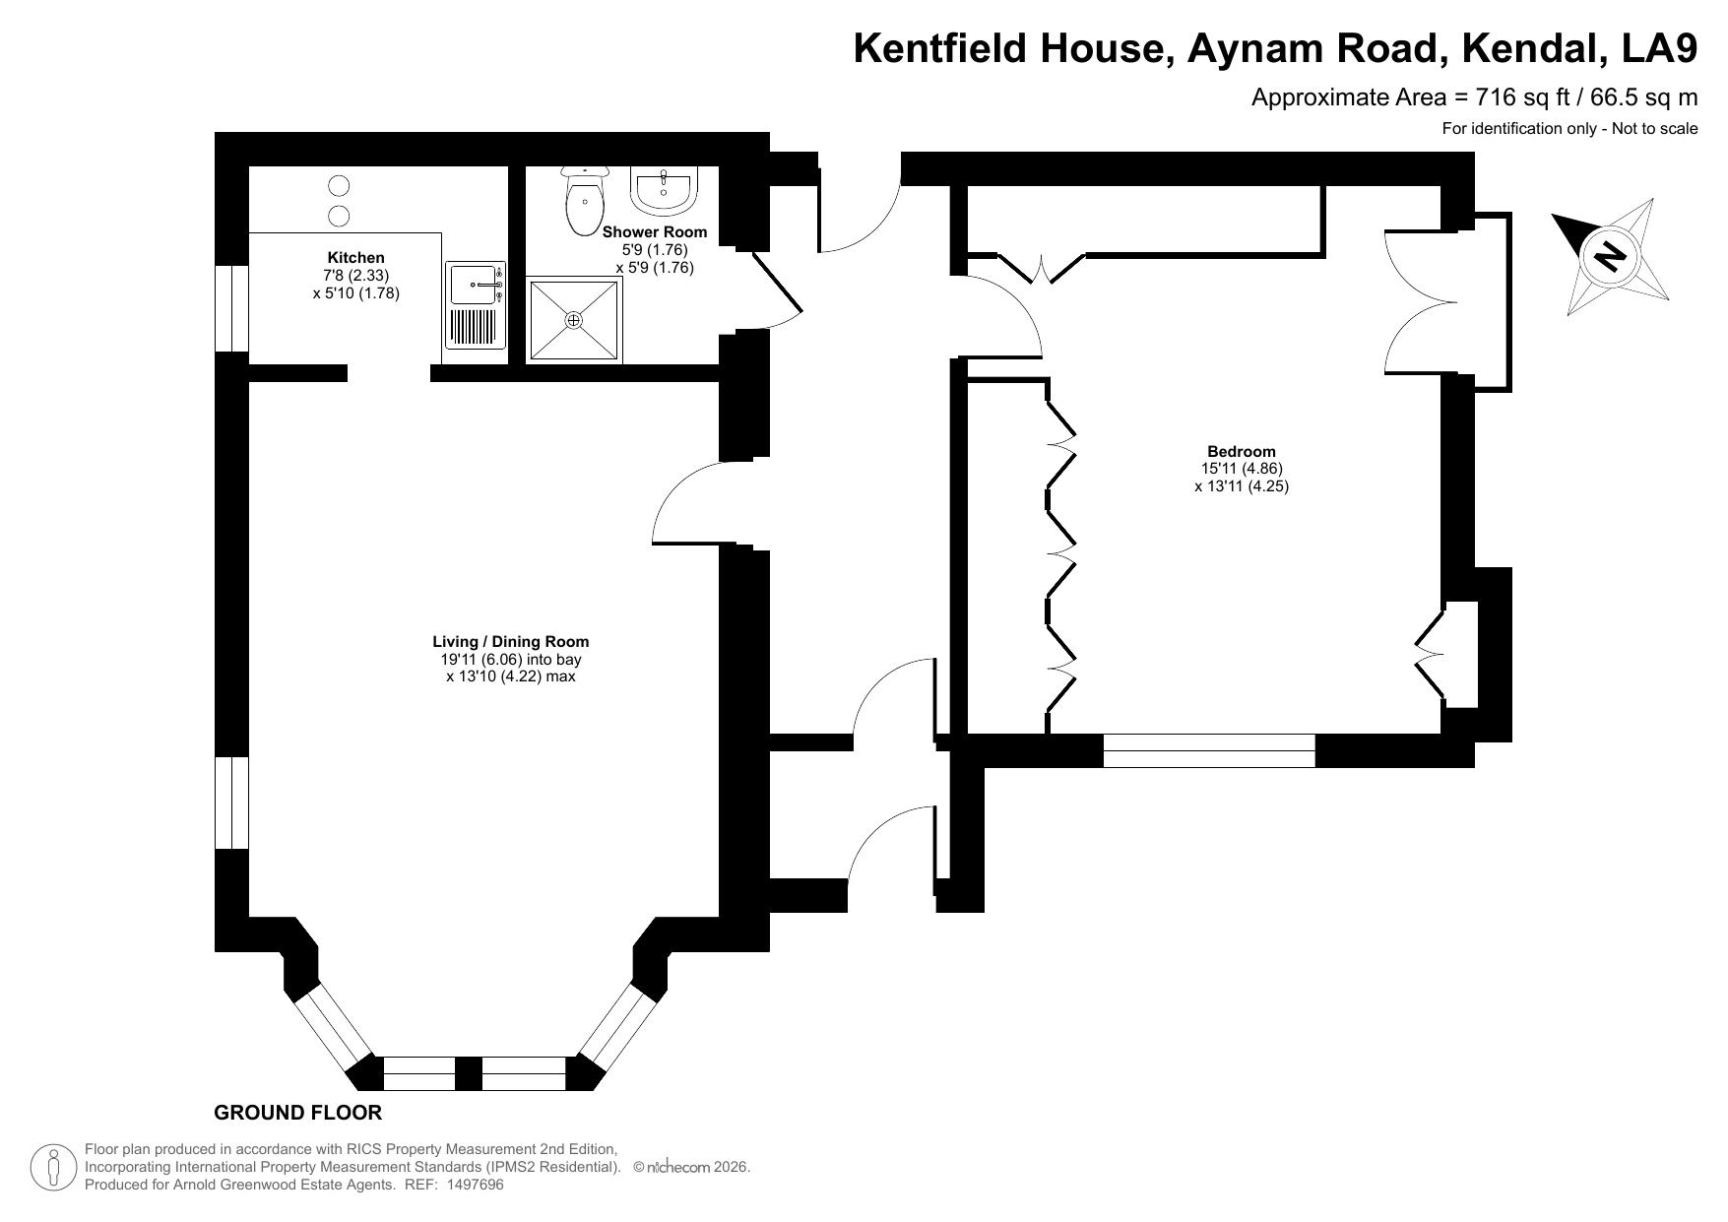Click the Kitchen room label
pos(355,258)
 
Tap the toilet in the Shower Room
pos(584,200)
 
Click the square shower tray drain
pos(574,320)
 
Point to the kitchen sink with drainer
pos(476,304)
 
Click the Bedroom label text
pos(1242,452)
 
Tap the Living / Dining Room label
pos(511,642)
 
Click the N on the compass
pos(1609,258)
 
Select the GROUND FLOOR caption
pos(297,1113)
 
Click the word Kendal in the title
pos(1538,47)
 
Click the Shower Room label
pos(655,232)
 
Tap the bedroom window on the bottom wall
pos(1209,750)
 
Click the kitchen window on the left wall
pos(231,308)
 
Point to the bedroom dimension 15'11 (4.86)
pos(1242,469)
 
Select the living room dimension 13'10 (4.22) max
pos(510,676)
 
